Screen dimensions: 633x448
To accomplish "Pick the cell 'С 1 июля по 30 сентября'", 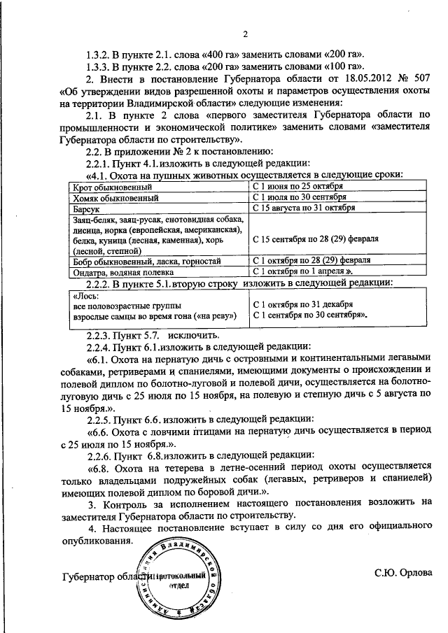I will [x=300, y=198].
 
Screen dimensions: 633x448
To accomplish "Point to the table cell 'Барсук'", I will [x=85, y=208].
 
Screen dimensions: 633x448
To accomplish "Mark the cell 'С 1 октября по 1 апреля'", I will [x=297, y=271].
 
